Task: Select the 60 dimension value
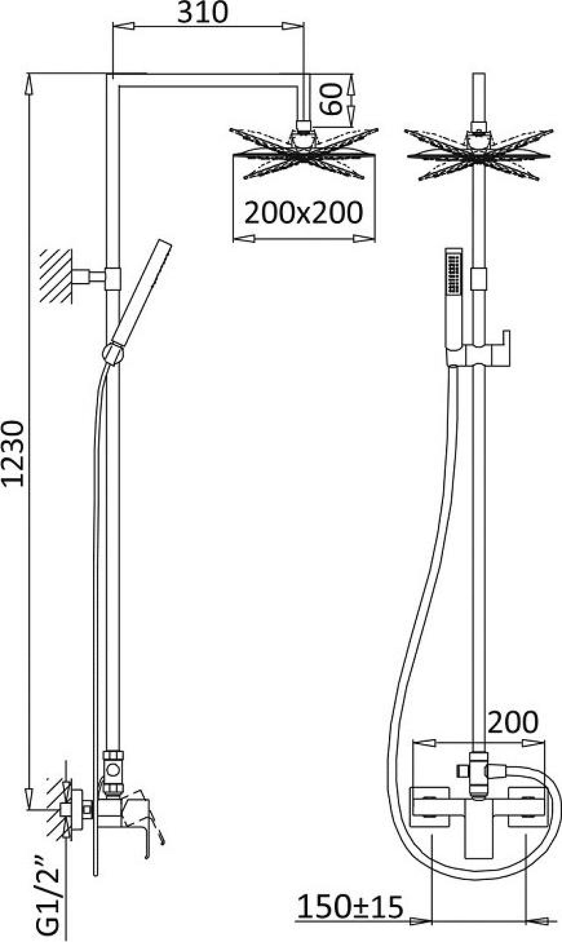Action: [331, 99]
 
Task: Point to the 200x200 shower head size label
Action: [304, 213]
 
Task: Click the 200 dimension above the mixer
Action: [513, 722]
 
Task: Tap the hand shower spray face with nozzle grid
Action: [454, 273]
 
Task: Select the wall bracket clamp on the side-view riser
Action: [113, 279]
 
